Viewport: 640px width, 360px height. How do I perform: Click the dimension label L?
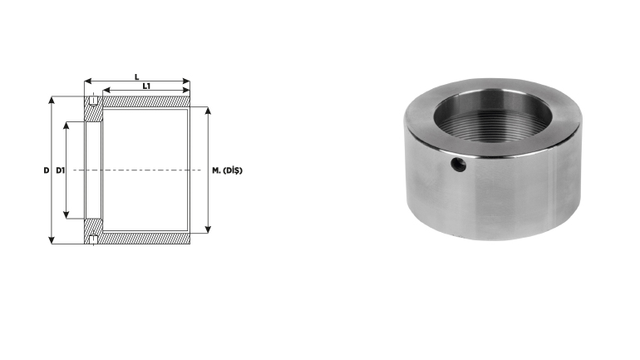pyautogui.click(x=137, y=76)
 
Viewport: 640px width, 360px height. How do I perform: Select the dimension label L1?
pyautogui.click(x=146, y=86)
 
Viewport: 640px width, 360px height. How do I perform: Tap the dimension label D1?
pyautogui.click(x=61, y=170)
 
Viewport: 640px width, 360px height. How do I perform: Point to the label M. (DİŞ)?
pyautogui.click(x=227, y=170)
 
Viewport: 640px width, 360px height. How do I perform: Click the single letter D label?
pyautogui.click(x=46, y=170)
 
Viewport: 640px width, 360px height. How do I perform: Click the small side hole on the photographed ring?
pyautogui.click(x=458, y=165)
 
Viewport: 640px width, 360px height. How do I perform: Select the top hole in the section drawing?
pyautogui.click(x=93, y=100)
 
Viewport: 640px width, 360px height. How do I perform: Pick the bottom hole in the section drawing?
pyautogui.click(x=93, y=239)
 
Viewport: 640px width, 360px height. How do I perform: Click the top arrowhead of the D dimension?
pyautogui.click(x=52, y=100)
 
